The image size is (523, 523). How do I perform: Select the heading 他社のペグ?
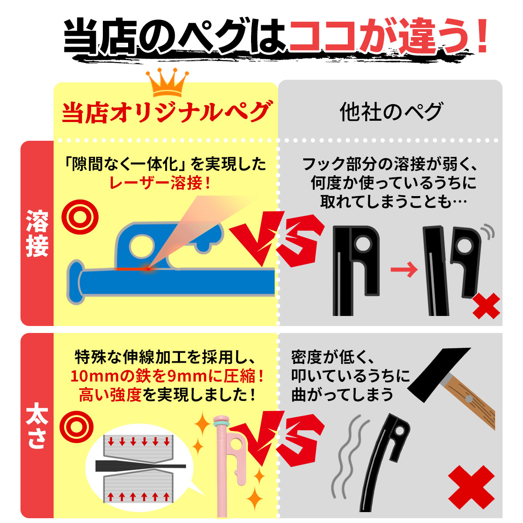coord(391,112)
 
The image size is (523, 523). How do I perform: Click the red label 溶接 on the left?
coord(37,233)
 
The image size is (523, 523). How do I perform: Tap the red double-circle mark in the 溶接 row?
coord(80,217)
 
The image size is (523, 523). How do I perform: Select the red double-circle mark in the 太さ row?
coord(76,427)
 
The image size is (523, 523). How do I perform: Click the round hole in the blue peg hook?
coord(142,246)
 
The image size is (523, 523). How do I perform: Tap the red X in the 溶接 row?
coord(486,306)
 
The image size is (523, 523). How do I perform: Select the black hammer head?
coord(438,373)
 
